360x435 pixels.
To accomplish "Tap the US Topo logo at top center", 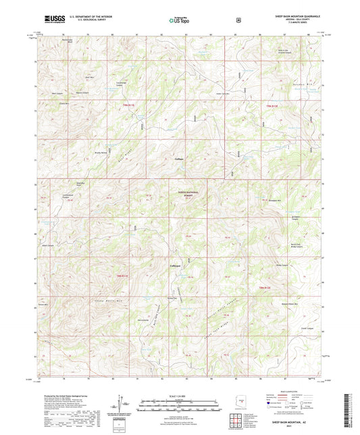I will pos(177,21).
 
